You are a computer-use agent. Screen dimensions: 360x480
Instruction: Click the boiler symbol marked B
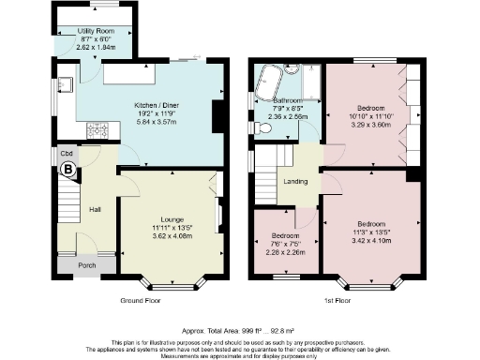pyautogui.click(x=67, y=169)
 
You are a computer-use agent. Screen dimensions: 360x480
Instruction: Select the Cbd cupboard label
pyautogui.click(x=67, y=153)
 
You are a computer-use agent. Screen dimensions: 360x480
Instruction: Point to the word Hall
pyautogui.click(x=95, y=209)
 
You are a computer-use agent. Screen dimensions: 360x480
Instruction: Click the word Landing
pyautogui.click(x=296, y=181)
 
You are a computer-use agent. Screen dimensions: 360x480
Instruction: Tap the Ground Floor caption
pyautogui.click(x=141, y=302)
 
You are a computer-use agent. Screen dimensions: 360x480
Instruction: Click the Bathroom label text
pyautogui.click(x=287, y=99)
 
